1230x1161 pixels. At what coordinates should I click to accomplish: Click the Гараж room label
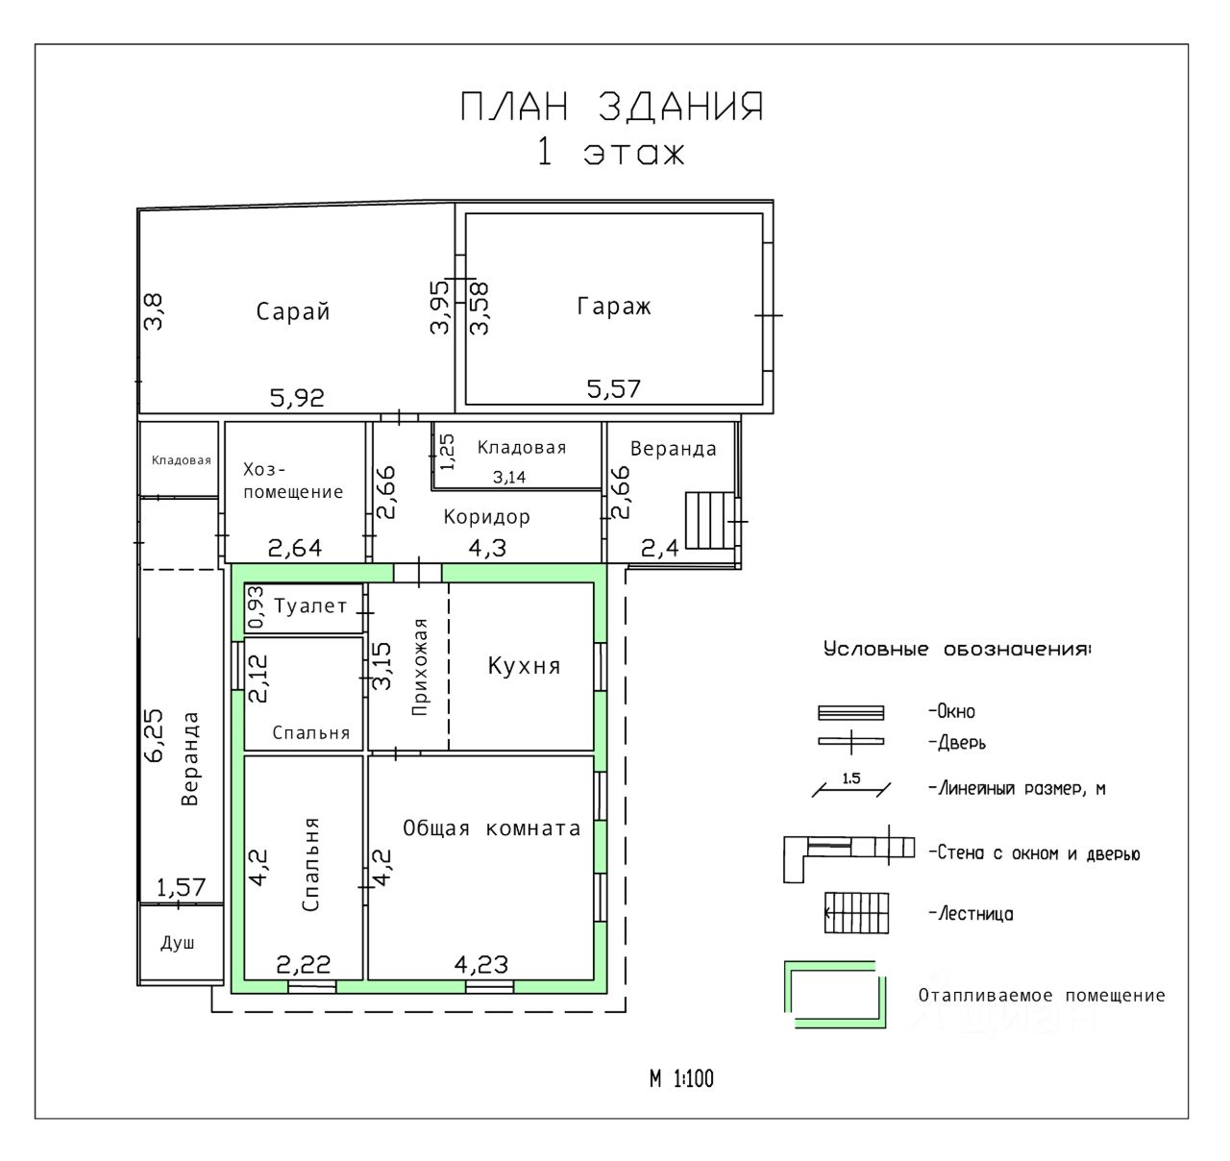click(x=613, y=306)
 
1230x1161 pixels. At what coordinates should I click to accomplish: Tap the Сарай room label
click(x=292, y=311)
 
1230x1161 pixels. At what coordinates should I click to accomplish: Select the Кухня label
click(x=524, y=666)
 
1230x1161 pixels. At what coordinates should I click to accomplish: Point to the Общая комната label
click(x=491, y=828)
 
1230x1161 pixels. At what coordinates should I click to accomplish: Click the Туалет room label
click(x=310, y=605)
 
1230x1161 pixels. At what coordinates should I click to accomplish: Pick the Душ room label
click(x=178, y=943)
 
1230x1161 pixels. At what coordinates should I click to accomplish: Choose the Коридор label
click(x=487, y=517)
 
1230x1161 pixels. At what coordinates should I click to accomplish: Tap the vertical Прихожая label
click(x=420, y=667)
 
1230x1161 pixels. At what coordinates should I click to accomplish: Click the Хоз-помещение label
click(x=293, y=481)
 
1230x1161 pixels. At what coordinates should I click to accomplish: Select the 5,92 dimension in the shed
click(x=297, y=397)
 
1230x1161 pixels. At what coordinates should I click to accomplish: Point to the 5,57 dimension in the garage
click(x=613, y=389)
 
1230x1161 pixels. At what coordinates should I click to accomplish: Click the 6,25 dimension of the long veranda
click(x=153, y=735)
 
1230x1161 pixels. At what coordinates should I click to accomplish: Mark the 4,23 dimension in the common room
click(x=481, y=964)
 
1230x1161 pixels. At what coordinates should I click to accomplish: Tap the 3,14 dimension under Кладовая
click(x=509, y=477)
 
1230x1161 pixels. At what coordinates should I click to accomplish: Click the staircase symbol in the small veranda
click(x=710, y=520)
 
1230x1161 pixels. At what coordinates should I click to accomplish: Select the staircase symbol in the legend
click(x=856, y=913)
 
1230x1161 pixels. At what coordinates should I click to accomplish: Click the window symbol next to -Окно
click(x=851, y=713)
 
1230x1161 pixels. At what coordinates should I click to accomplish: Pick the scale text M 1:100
click(x=681, y=1078)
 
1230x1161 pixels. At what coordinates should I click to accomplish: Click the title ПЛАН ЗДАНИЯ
click(x=612, y=107)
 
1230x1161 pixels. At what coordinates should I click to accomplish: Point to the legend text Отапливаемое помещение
click(x=1041, y=996)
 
